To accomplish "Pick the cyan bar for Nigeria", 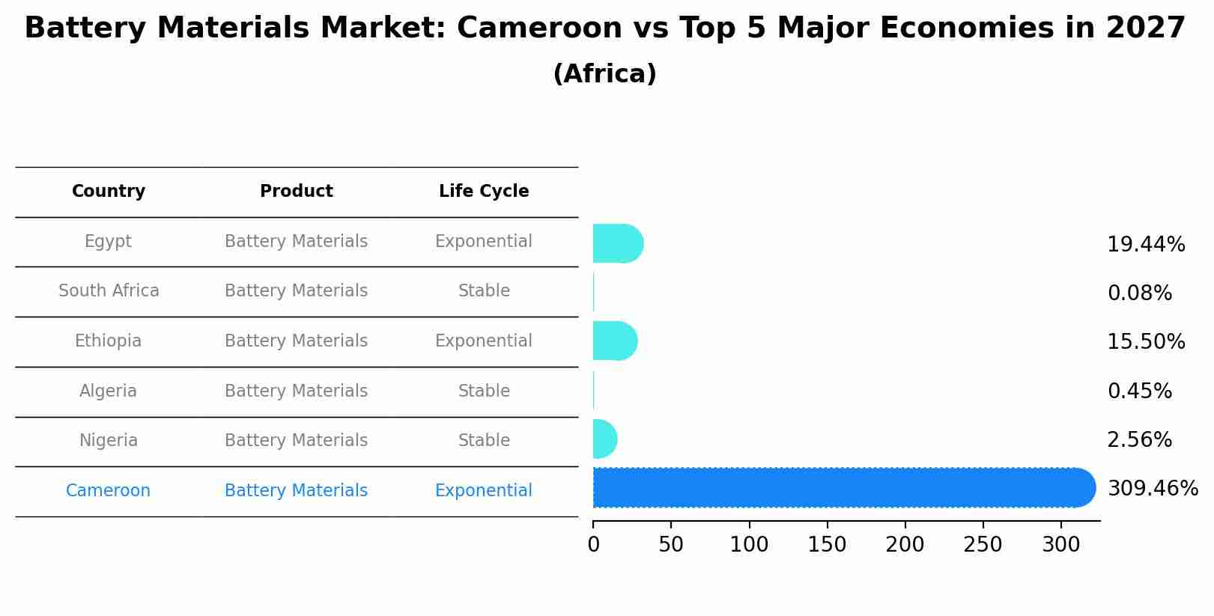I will pyautogui.click(x=604, y=439).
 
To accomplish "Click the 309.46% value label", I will pyautogui.click(x=1153, y=489).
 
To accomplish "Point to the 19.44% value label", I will pyautogui.click(x=1146, y=245).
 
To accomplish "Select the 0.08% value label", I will pyautogui.click(x=1139, y=293).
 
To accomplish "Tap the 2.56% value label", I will pyautogui.click(x=1139, y=440).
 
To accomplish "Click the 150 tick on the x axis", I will pyautogui.click(x=827, y=545).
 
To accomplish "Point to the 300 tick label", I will pyautogui.click(x=1060, y=545).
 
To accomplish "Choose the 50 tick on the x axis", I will pyautogui.click(x=671, y=545).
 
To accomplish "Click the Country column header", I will pyautogui.click(x=109, y=192).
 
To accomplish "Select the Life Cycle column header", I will pyautogui.click(x=484, y=192).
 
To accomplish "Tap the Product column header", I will pyautogui.click(x=296, y=192).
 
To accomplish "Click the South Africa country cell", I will pyautogui.click(x=109, y=291).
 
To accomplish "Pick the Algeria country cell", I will pyautogui.click(x=109, y=391).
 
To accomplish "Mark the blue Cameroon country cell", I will pyautogui.click(x=109, y=491).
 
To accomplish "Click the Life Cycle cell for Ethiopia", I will pyautogui.click(x=484, y=341).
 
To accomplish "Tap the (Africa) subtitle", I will pyautogui.click(x=604, y=74).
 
